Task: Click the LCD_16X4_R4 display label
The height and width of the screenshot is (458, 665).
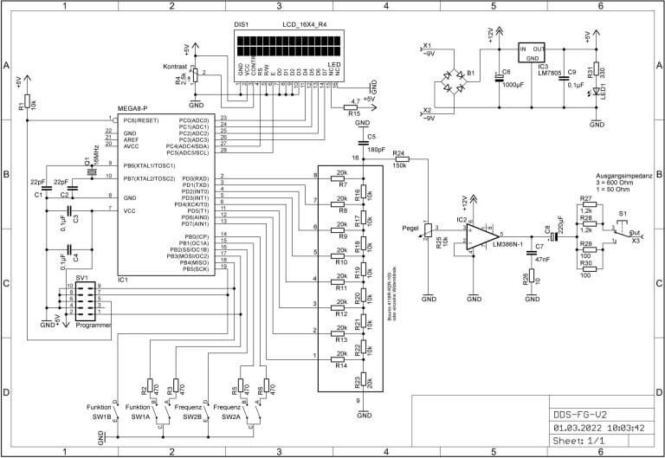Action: pyautogui.click(x=305, y=26)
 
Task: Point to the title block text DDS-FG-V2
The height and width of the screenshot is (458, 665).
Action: pyautogui.click(x=581, y=413)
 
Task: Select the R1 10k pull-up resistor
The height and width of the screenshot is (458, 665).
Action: pyautogui.click(x=28, y=103)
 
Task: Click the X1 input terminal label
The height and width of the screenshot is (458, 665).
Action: pyautogui.click(x=426, y=46)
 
